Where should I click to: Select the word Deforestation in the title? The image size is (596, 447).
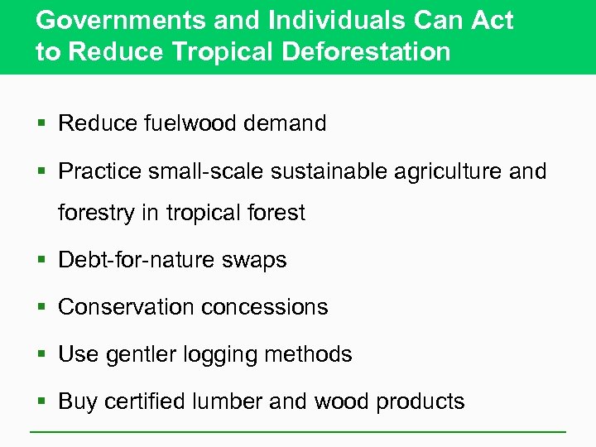pos(367,51)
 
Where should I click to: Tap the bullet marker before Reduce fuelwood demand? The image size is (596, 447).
pos(41,124)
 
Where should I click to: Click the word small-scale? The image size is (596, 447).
pos(204,171)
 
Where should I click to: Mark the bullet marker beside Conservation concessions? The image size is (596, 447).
pos(41,308)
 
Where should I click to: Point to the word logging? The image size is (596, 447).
pos(217,355)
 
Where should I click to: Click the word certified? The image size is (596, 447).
pos(150,402)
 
